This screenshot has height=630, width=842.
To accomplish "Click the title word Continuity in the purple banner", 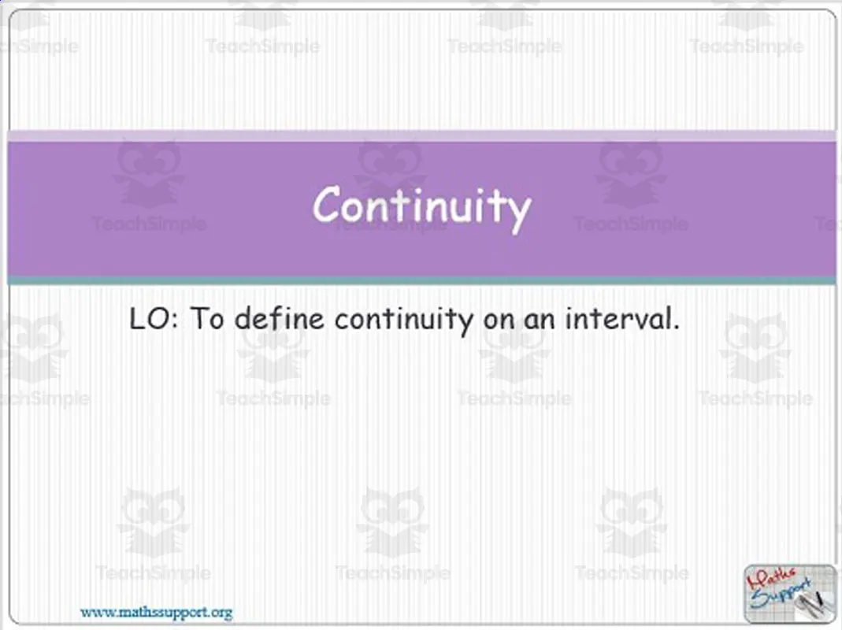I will tap(421, 207).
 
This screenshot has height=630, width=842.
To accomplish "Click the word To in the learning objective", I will tap(208, 320).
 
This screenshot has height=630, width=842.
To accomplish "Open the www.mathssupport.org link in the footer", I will tap(156, 612).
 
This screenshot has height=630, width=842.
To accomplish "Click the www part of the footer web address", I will tap(93, 612).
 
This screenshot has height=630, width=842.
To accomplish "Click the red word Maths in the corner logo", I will tap(772, 580).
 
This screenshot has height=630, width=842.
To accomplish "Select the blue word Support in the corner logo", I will tap(776, 599).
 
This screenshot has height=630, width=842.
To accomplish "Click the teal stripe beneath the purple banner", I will tap(421, 280).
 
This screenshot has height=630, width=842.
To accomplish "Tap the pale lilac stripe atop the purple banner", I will tap(421, 135).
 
